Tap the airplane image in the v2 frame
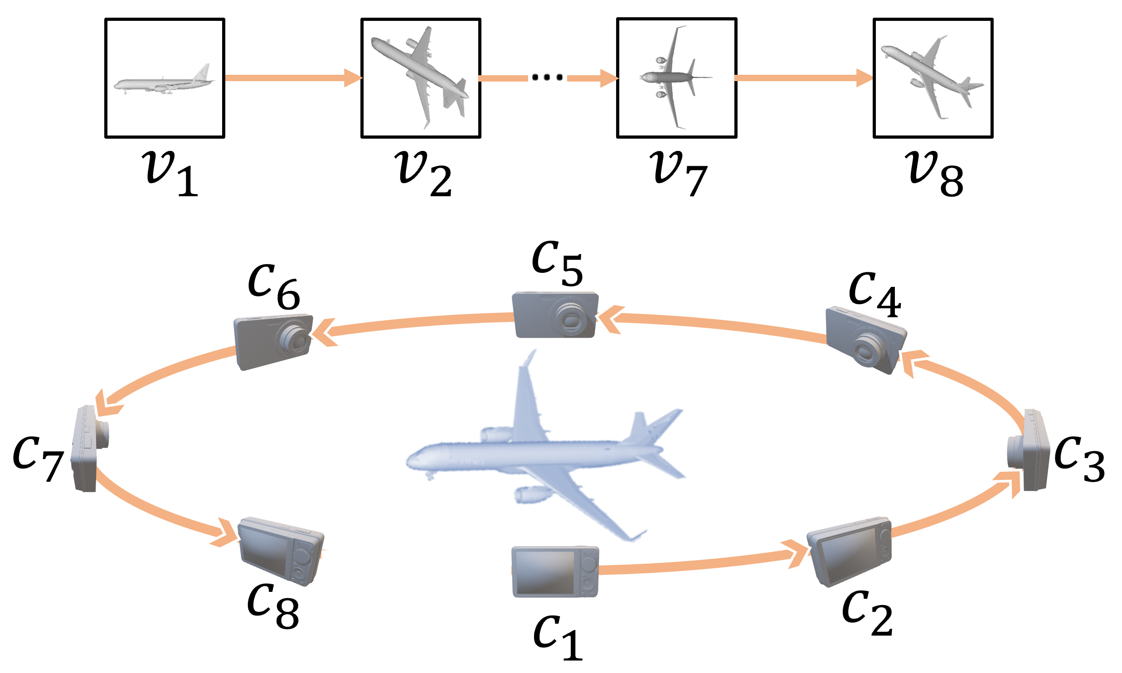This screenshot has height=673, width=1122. [420, 75]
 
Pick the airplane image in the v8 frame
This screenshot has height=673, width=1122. [932, 77]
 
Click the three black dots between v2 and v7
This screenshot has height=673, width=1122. [547, 77]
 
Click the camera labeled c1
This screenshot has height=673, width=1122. [555, 572]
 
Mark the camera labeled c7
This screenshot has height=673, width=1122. [88, 449]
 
